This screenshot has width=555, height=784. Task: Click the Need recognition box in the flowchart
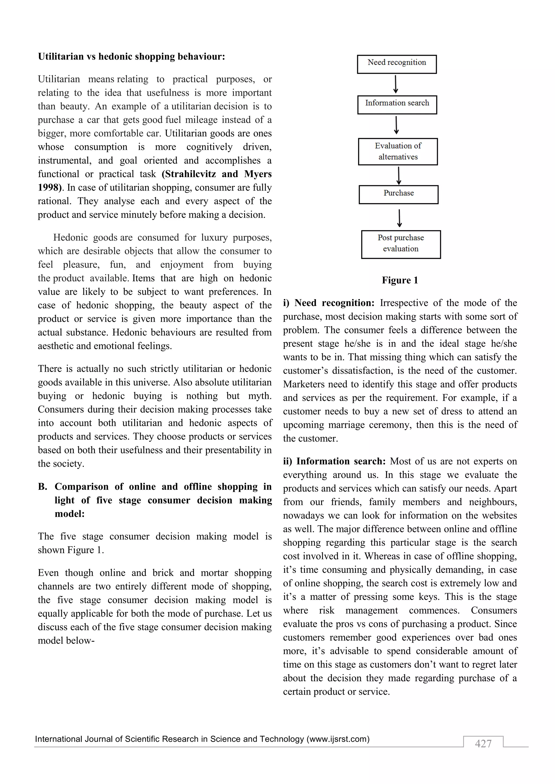(396, 64)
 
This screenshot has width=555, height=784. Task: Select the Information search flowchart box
(397, 104)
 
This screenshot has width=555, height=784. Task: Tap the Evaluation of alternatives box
(398, 151)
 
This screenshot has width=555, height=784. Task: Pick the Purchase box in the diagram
(398, 194)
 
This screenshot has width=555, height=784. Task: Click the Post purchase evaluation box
(401, 244)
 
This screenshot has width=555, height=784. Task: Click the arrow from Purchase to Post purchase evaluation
(399, 218)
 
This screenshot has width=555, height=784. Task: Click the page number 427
(483, 743)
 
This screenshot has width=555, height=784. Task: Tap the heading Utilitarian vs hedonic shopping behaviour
(131, 56)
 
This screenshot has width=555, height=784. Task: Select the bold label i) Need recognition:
(329, 303)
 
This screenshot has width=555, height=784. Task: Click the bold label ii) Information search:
(334, 461)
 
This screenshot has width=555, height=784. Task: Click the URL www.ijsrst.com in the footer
(338, 739)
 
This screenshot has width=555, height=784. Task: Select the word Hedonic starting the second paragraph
(70, 237)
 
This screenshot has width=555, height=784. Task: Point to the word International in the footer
(58, 739)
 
